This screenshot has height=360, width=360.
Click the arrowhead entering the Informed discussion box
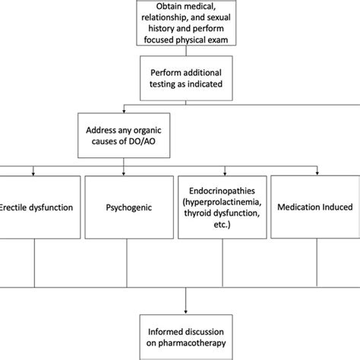coord(185,311)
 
